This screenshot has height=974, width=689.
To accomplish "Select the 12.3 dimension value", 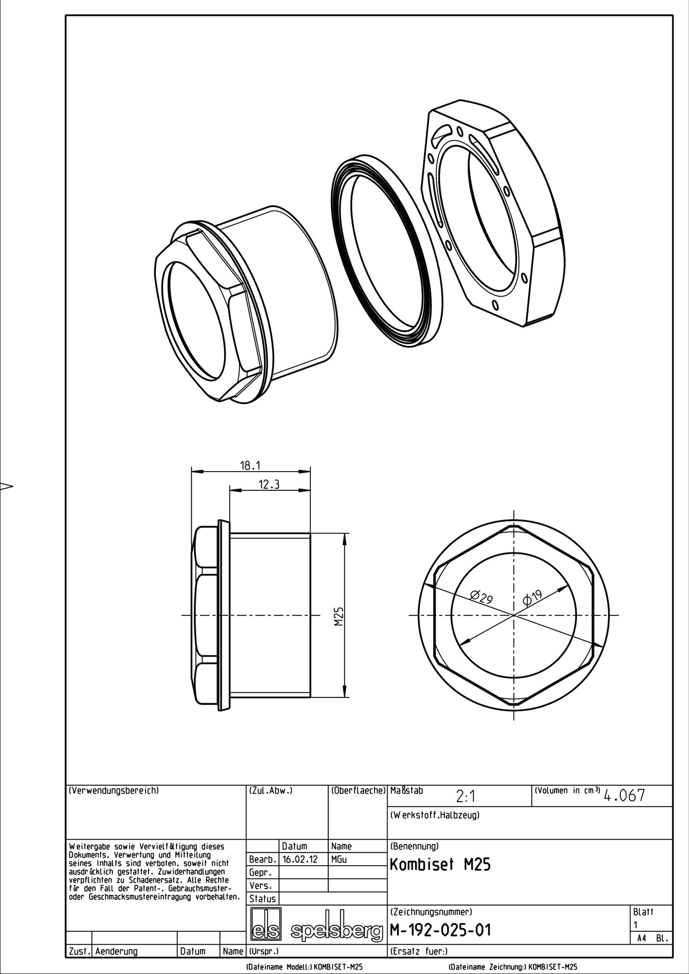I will pos(269,484).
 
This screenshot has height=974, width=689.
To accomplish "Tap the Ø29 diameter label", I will pos(481,598).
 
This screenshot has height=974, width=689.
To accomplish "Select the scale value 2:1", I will pos(465,797).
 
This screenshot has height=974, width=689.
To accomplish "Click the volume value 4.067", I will pos(624,796).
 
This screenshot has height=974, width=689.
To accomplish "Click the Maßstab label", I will pos(407,791).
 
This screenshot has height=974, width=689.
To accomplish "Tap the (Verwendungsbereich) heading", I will pos(114,791).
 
